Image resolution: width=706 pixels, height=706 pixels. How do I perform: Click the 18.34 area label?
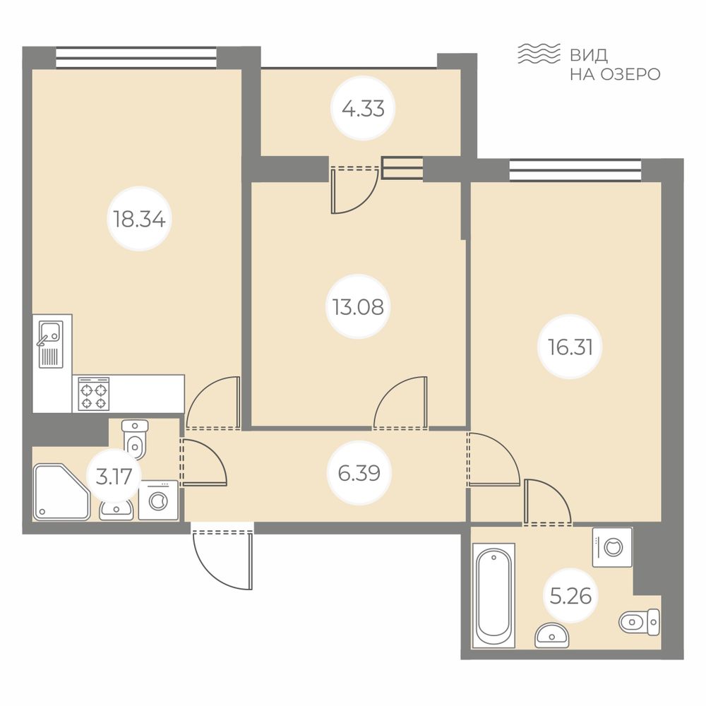click(140, 220)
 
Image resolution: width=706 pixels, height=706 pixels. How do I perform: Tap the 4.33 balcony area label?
click(363, 109)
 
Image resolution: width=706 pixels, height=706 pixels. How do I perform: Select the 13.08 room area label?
click(359, 307)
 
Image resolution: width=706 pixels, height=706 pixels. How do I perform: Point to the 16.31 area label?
click(570, 347)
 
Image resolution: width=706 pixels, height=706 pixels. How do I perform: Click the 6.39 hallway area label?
click(359, 473)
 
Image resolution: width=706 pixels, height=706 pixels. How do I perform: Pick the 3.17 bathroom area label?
click(114, 477)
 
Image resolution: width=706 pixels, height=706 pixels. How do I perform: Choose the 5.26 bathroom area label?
click(570, 596)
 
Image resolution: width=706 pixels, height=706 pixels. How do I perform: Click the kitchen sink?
click(50, 344)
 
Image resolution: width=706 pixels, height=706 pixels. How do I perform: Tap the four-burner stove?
click(94, 394)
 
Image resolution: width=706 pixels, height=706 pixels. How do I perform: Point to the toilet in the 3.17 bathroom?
click(135, 439)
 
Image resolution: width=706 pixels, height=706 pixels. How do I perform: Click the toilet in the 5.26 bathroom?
click(640, 622)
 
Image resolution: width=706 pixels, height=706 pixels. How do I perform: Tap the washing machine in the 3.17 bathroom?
click(158, 501)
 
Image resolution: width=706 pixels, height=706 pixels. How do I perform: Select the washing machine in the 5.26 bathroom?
click(612, 547)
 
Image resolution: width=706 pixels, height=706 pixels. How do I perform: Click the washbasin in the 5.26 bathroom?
click(552, 635)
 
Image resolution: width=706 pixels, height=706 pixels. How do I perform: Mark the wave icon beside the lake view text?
click(539, 54)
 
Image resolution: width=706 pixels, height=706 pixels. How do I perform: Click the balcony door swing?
click(354, 189)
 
